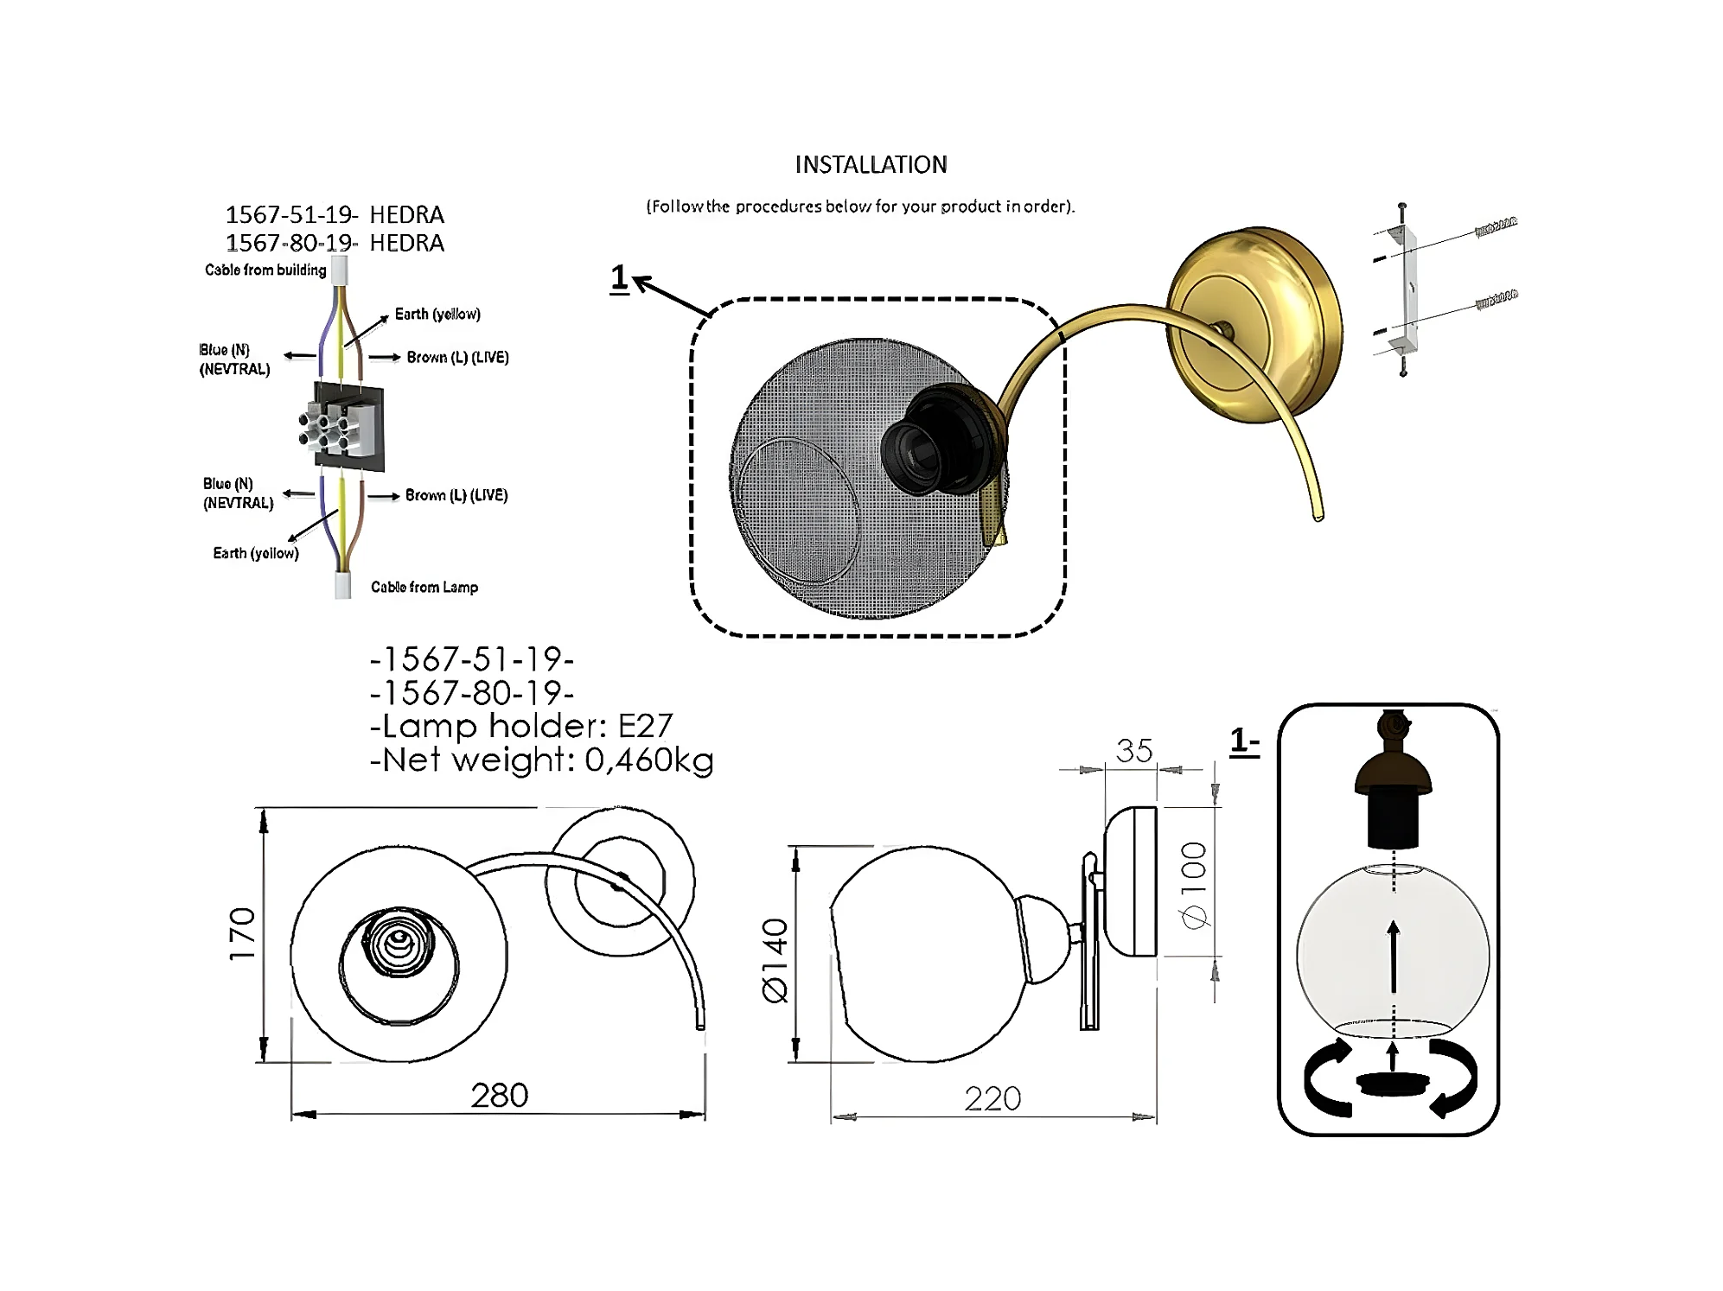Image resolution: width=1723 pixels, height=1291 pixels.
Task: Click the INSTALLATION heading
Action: [x=871, y=164]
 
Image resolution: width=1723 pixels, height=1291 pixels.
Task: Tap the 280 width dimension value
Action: [x=499, y=1095]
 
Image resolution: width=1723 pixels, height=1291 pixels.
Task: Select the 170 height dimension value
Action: [x=243, y=933]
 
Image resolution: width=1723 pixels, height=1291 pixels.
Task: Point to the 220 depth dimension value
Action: [x=992, y=1098]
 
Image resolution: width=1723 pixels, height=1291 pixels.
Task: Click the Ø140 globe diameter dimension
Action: [x=776, y=960]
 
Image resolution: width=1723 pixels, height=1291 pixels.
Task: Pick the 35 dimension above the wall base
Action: [x=1133, y=751]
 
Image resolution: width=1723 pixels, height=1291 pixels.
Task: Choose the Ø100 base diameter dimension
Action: [x=1194, y=885]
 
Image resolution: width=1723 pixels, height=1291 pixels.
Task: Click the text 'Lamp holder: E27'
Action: [x=520, y=726]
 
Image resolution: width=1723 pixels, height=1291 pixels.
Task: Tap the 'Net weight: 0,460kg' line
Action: [x=541, y=760]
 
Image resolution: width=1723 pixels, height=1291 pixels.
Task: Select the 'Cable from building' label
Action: [x=265, y=270]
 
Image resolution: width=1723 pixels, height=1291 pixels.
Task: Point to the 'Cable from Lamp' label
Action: [x=424, y=587]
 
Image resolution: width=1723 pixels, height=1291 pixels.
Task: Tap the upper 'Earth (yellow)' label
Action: [x=437, y=314]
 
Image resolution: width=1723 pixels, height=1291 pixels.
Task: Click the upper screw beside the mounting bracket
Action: [x=1496, y=226]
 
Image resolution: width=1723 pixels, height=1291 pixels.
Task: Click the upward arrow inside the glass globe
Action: [x=1393, y=956]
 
